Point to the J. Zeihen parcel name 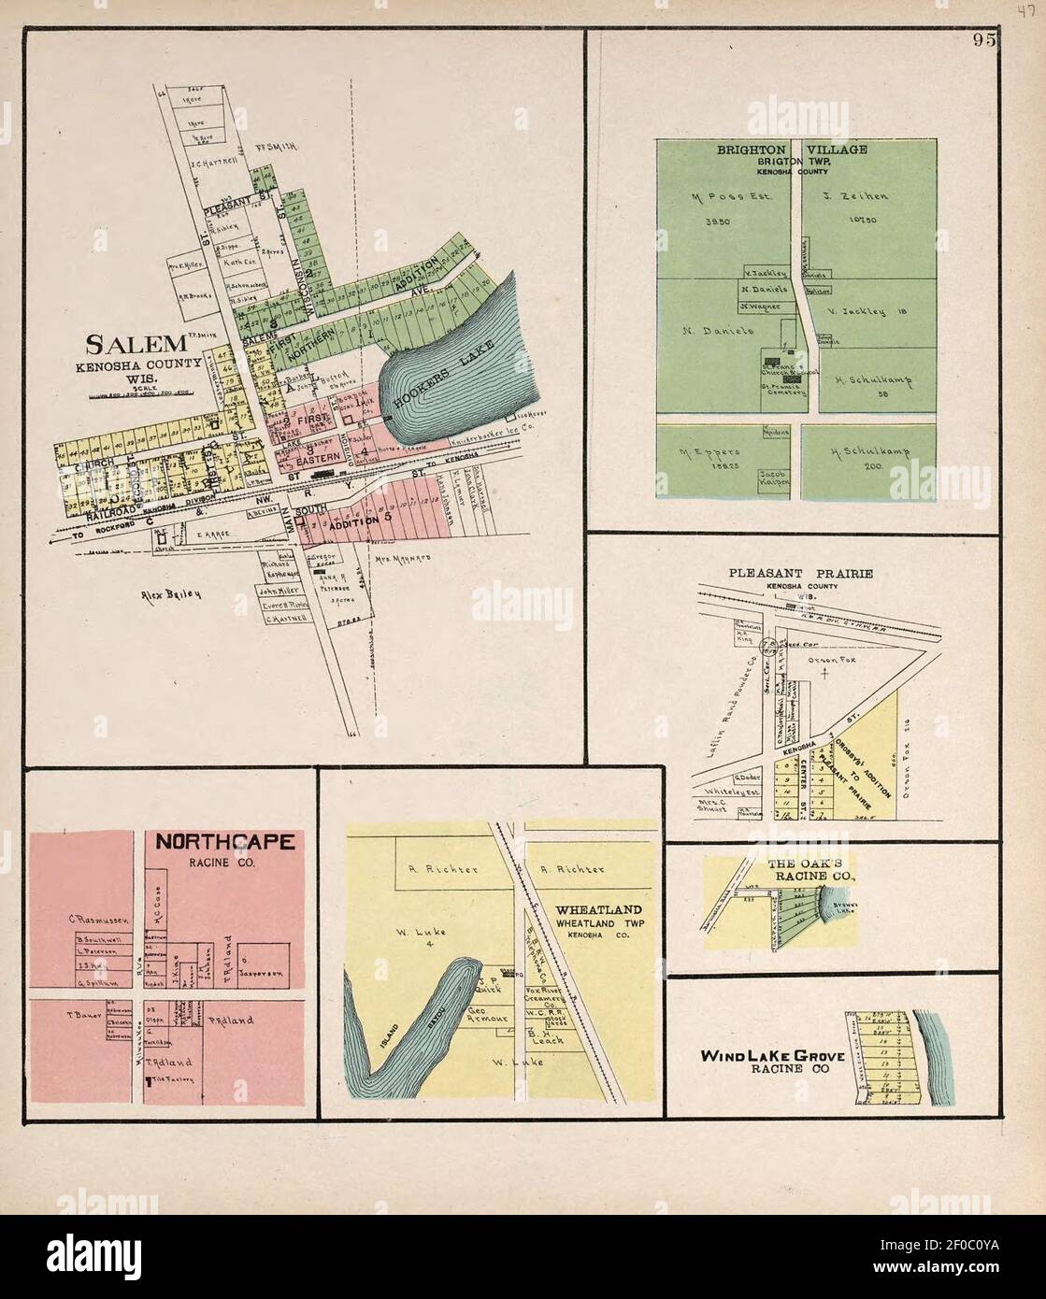(857, 197)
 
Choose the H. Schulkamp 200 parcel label (870, 452)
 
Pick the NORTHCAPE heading (224, 842)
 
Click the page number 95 (982, 39)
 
